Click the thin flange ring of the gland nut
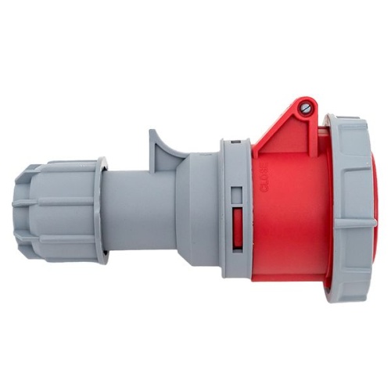point(102,209)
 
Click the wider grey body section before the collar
point(199,207)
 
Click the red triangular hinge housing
point(289,133)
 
